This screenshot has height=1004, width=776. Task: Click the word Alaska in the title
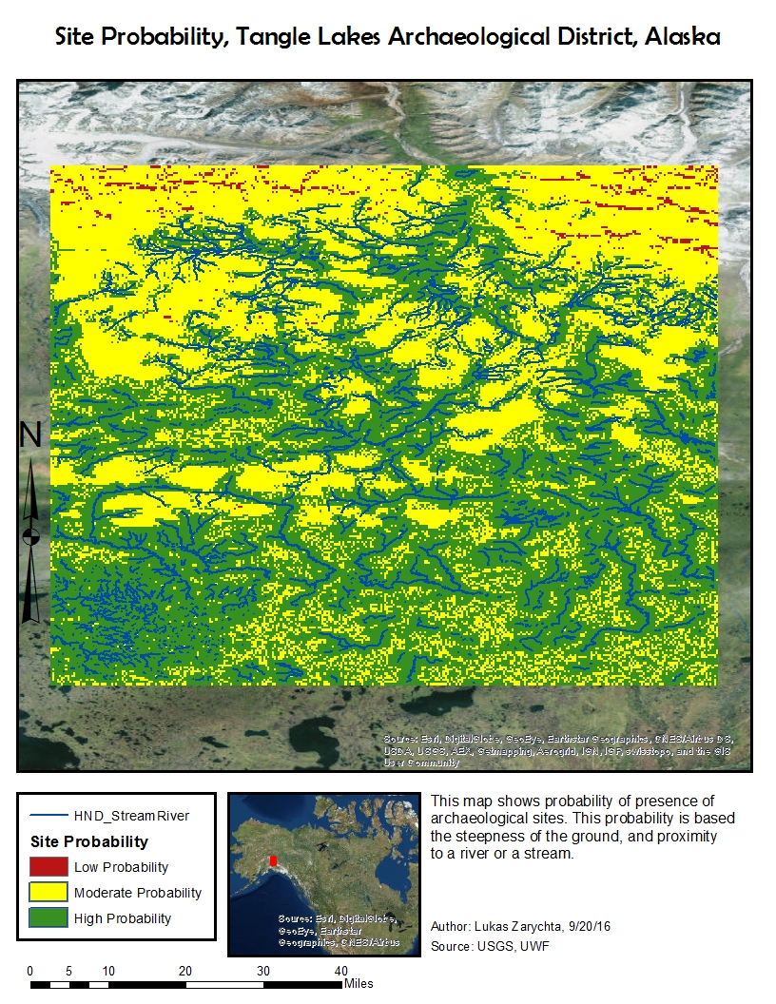681,37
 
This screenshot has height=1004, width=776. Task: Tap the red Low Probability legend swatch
48,867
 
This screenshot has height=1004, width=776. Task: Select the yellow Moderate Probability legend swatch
48,893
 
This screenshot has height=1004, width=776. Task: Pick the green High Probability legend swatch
48,918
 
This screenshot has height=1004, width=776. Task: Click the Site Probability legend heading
89,841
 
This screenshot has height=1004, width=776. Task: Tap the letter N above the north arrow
31,435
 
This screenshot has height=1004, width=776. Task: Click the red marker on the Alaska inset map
274,860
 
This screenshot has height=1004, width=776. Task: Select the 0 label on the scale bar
30,971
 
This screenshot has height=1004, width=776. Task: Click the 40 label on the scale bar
340,971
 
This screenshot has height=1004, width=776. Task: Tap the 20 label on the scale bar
185,971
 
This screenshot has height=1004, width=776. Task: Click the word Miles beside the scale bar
359,983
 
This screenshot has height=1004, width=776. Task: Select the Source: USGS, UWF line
489,946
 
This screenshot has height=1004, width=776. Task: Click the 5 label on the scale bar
69,971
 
